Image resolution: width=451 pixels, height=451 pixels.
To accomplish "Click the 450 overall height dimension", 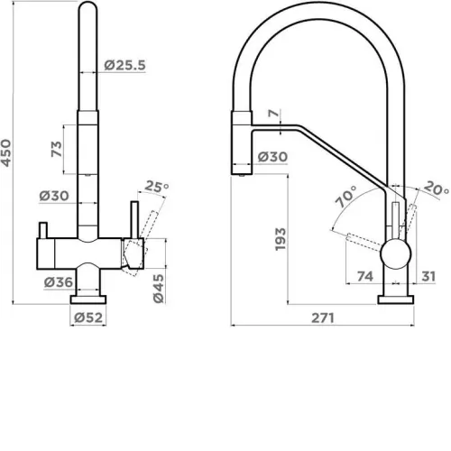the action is click(x=6, y=152).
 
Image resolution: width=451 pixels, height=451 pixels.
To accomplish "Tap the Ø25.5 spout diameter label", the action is click(x=124, y=65).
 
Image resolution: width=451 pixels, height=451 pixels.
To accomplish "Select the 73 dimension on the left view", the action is click(x=57, y=149).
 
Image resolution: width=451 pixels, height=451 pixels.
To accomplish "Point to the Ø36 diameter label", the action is click(x=59, y=282).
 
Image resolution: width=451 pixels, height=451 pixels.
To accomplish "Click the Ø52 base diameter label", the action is click(x=88, y=318).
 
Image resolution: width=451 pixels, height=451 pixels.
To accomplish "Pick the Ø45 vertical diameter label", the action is click(x=159, y=289).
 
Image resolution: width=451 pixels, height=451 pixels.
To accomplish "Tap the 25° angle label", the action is click(x=157, y=187).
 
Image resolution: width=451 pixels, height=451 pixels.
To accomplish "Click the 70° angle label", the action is click(x=346, y=197).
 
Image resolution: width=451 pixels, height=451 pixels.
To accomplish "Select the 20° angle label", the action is click(x=437, y=189).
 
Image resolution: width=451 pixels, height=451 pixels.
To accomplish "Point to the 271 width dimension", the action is click(x=323, y=318).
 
